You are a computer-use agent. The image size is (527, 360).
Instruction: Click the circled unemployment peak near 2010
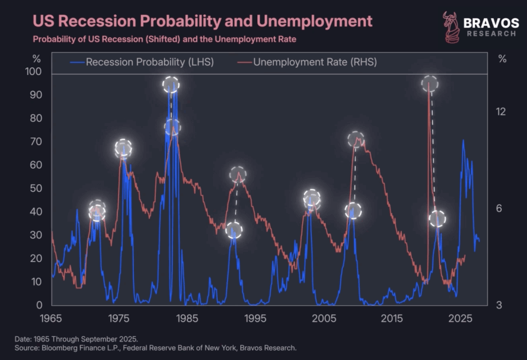point(356,139)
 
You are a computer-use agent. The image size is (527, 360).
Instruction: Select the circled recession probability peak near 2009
point(353,210)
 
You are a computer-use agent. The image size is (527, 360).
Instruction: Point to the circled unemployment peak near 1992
point(238,174)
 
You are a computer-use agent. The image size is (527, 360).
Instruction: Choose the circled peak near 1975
point(123,149)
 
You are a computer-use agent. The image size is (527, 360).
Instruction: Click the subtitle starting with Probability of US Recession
point(165,39)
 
